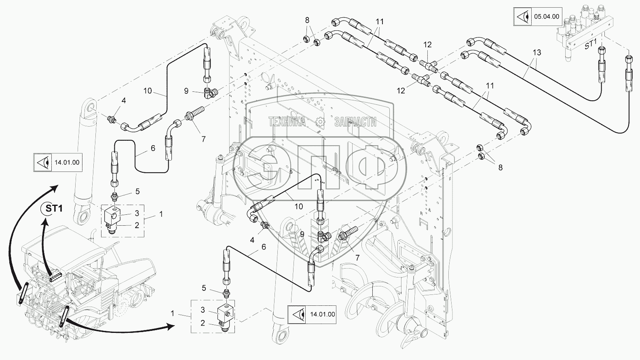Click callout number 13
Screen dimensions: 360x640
click(x=537, y=52)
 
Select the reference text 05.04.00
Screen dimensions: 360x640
click(x=547, y=17)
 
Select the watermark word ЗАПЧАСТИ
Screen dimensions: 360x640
click(x=355, y=121)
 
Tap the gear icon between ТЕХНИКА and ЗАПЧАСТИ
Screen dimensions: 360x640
click(x=321, y=121)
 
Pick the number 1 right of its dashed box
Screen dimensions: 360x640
click(x=161, y=214)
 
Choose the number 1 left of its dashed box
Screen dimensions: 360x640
click(x=173, y=313)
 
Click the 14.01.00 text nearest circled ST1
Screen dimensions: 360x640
click(x=67, y=163)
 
